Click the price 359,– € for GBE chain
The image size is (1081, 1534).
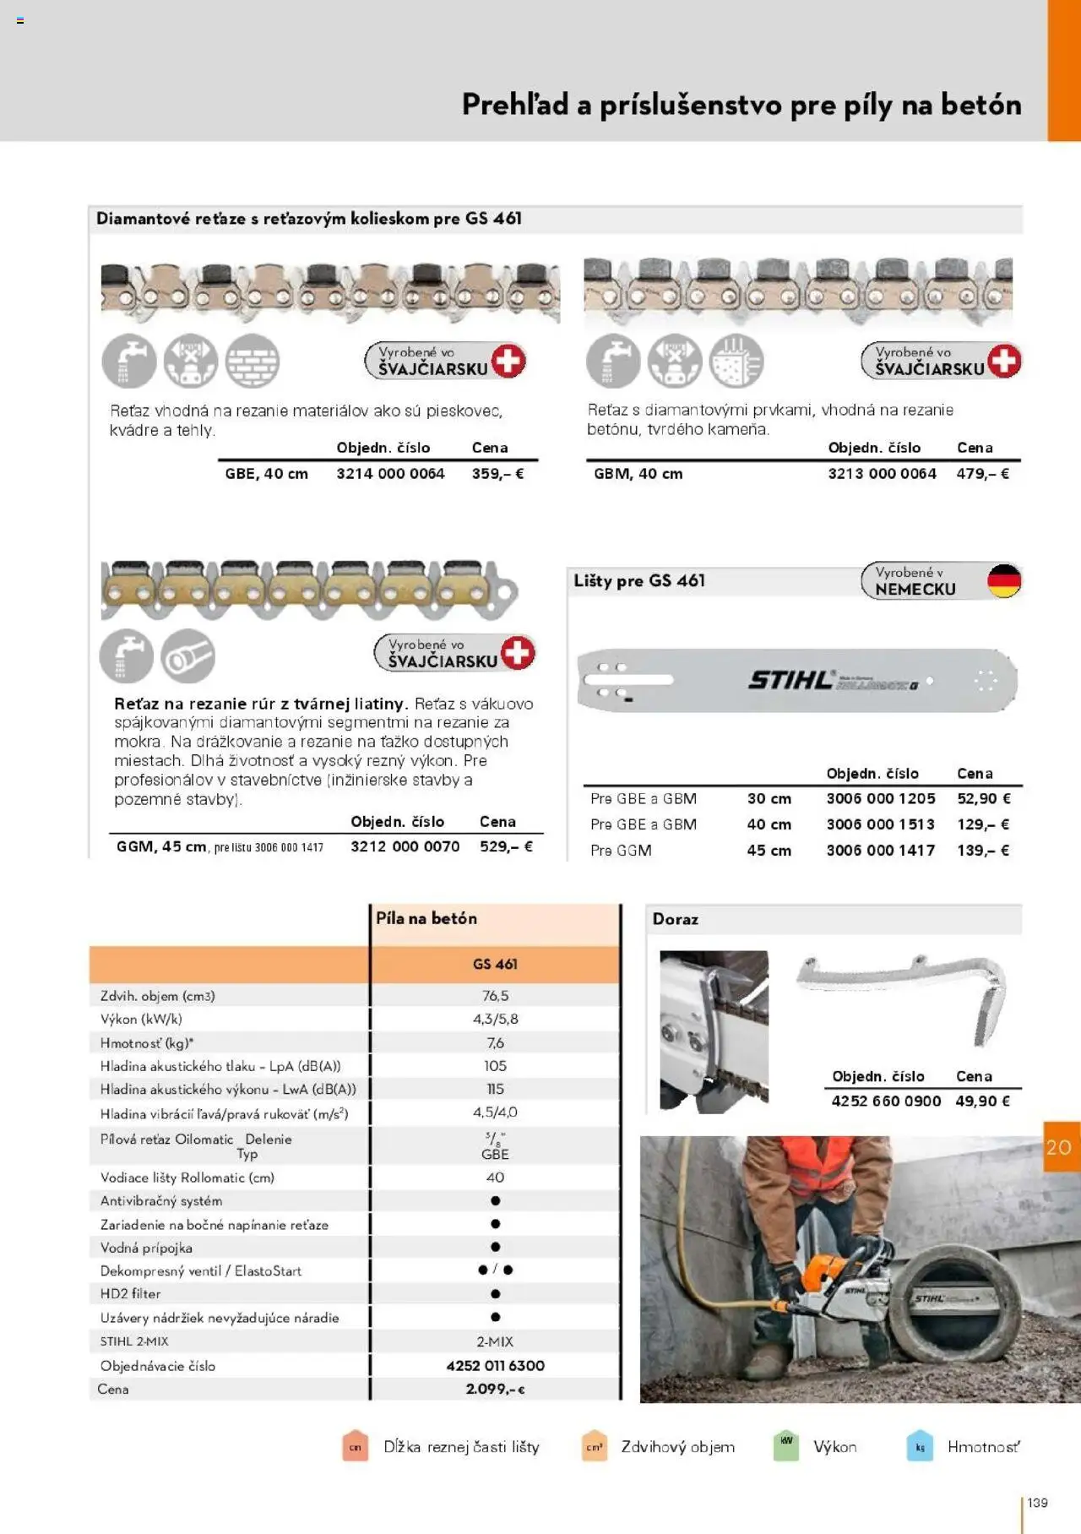(x=497, y=474)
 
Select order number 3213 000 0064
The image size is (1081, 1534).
(x=882, y=474)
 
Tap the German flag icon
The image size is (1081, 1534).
(x=1003, y=581)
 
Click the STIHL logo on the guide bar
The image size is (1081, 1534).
(x=790, y=680)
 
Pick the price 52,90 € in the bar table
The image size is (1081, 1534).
(x=983, y=798)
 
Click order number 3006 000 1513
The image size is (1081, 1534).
(x=880, y=824)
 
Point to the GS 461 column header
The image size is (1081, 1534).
(x=495, y=965)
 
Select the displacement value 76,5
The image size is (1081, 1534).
(x=495, y=996)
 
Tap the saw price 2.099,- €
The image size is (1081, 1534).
(x=495, y=1389)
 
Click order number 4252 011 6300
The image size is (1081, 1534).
(x=495, y=1366)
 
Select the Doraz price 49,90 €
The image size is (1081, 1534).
(x=982, y=1101)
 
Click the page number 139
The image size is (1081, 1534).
(x=1037, y=1503)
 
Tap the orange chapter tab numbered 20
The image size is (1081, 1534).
(x=1059, y=1147)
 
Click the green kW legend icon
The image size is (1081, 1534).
(x=786, y=1445)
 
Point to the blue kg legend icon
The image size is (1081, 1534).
(x=920, y=1446)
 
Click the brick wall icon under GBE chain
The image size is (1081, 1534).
(x=253, y=362)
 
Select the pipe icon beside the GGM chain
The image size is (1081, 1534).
(x=187, y=656)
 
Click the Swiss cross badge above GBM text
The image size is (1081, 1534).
(x=1003, y=361)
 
